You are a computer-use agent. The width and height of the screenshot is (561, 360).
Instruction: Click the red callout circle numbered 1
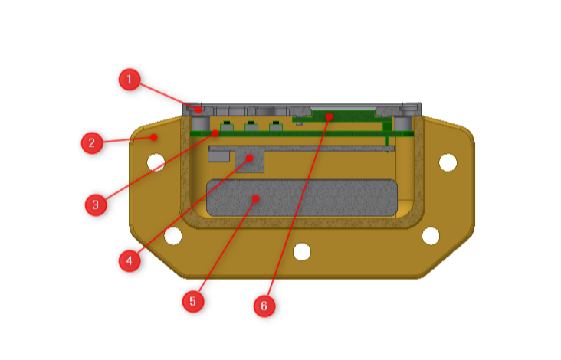click(130, 80)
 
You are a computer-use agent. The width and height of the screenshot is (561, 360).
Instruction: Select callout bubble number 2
click(92, 143)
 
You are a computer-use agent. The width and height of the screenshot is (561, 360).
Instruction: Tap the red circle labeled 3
click(96, 205)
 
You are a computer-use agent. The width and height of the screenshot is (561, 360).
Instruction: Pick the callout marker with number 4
click(130, 260)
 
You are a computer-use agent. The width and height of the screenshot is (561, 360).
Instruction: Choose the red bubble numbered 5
click(193, 301)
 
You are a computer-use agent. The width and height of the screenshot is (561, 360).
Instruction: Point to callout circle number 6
click(264, 306)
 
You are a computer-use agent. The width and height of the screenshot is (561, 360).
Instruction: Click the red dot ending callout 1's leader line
click(198, 110)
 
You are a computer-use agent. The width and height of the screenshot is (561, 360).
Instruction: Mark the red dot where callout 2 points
click(154, 137)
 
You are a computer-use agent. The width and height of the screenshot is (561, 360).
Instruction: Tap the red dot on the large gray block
click(255, 198)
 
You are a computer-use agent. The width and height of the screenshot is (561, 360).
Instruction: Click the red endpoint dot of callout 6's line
click(329, 116)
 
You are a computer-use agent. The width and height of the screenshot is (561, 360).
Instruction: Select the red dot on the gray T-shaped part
click(250, 158)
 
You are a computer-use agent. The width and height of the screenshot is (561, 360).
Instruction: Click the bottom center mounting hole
click(302, 251)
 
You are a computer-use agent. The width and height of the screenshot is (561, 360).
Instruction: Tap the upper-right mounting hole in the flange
click(448, 162)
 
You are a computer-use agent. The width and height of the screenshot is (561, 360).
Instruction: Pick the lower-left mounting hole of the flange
click(173, 236)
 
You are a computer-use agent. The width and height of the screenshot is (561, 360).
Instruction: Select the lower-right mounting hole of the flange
click(431, 236)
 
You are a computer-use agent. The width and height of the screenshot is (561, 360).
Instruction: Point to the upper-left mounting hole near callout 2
click(156, 162)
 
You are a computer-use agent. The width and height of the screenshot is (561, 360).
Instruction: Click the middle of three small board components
click(251, 126)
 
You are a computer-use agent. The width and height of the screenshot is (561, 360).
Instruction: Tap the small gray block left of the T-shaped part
click(218, 155)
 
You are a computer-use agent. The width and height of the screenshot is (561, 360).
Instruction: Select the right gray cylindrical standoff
click(403, 123)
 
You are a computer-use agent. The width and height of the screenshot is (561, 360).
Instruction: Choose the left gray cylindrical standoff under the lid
click(201, 123)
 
